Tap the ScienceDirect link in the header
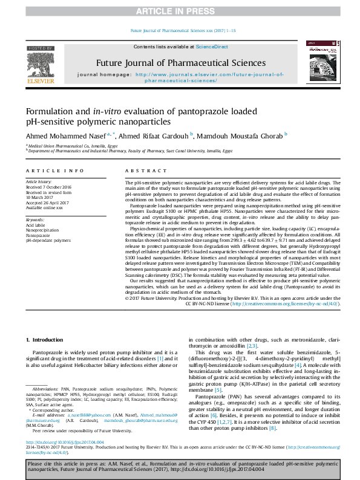coord(212,47)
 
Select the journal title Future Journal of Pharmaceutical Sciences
coord(180,63)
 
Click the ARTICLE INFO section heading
coord(55,172)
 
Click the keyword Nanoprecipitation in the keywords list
coord(42,230)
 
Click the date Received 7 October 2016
coord(48,186)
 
